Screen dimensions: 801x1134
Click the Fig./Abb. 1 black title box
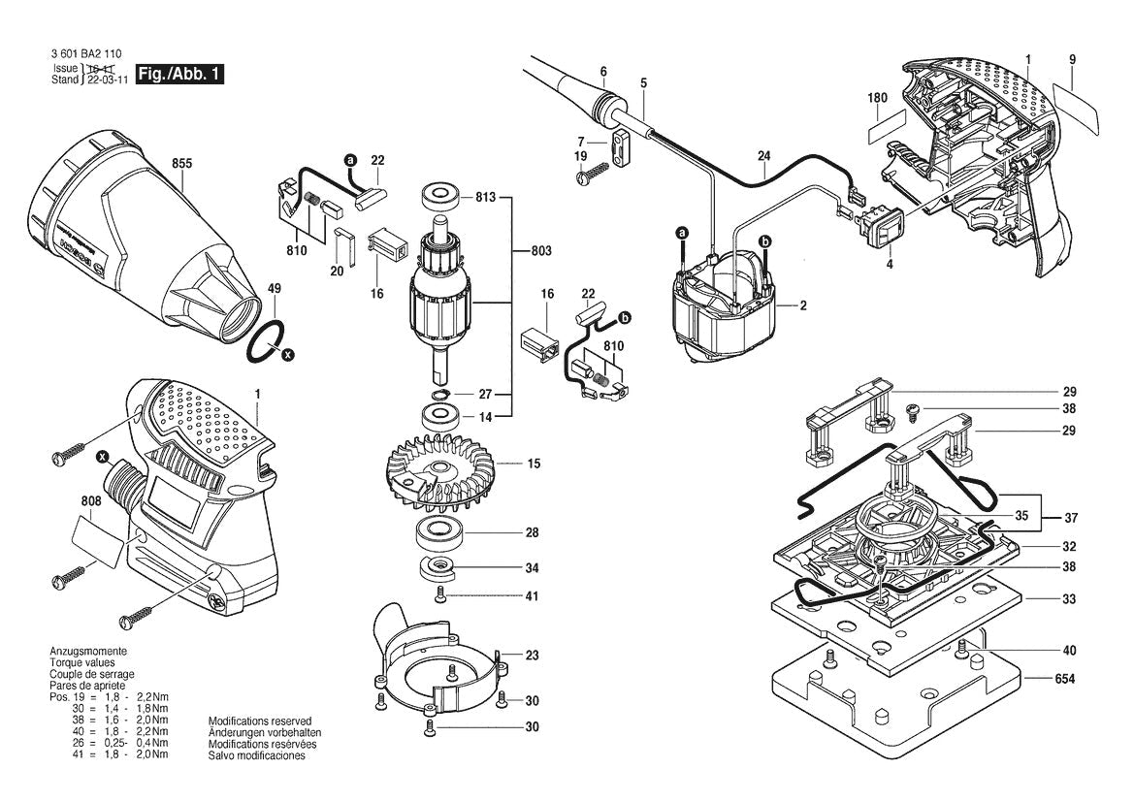(180, 75)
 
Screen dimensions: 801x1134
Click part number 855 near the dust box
(180, 164)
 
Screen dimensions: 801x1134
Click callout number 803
(541, 251)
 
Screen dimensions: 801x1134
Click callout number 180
(878, 98)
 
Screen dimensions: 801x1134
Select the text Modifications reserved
(260, 721)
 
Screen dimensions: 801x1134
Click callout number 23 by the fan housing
(533, 655)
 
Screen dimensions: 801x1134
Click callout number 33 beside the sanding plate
(1068, 599)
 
